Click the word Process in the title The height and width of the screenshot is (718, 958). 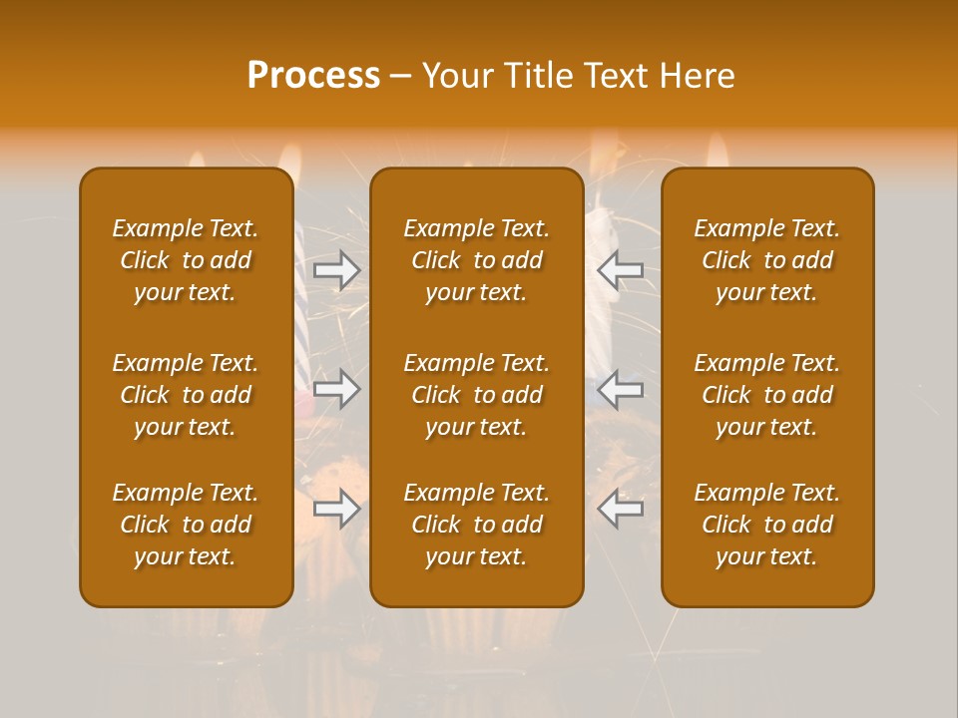(x=313, y=76)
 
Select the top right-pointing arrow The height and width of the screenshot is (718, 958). (x=337, y=268)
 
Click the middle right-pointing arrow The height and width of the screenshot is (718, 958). (x=337, y=388)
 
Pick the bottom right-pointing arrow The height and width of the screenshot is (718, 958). (x=337, y=509)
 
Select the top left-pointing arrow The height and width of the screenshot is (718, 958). (x=621, y=268)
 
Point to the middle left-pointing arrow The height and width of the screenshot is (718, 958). (x=621, y=388)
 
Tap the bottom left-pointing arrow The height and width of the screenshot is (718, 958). (x=621, y=509)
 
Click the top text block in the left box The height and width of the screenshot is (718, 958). (x=186, y=260)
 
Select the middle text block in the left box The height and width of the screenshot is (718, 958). (x=186, y=395)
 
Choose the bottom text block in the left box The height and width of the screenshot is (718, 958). (x=186, y=525)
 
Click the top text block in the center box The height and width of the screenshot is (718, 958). (x=477, y=260)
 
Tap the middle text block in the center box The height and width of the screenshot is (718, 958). (x=477, y=395)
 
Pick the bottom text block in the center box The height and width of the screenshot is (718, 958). (x=477, y=525)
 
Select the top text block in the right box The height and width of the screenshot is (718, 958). (x=767, y=260)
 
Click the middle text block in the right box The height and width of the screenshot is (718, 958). (x=767, y=395)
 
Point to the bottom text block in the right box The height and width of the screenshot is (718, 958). (x=767, y=525)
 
